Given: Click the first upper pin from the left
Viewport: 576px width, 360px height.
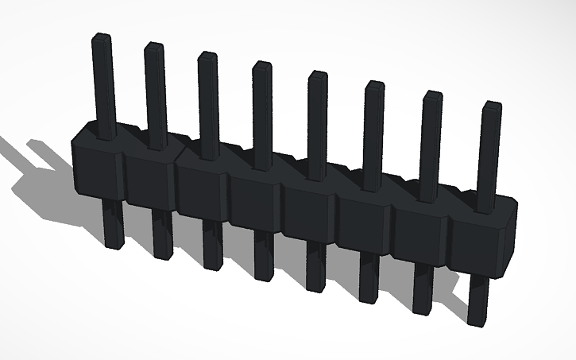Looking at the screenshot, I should coord(103,79).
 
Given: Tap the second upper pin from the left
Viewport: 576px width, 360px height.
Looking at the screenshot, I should coord(155,91).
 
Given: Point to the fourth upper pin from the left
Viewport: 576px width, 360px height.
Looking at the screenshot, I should coord(262,111).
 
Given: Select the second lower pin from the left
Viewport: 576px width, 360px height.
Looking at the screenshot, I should coord(162,234).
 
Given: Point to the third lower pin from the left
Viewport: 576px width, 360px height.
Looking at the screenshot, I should coord(212,245).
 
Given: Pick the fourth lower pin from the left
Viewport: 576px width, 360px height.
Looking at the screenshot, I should coord(262,256).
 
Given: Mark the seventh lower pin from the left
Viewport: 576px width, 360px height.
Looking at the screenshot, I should coord(423,288).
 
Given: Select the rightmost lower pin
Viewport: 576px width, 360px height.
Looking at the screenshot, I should coord(478,300).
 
